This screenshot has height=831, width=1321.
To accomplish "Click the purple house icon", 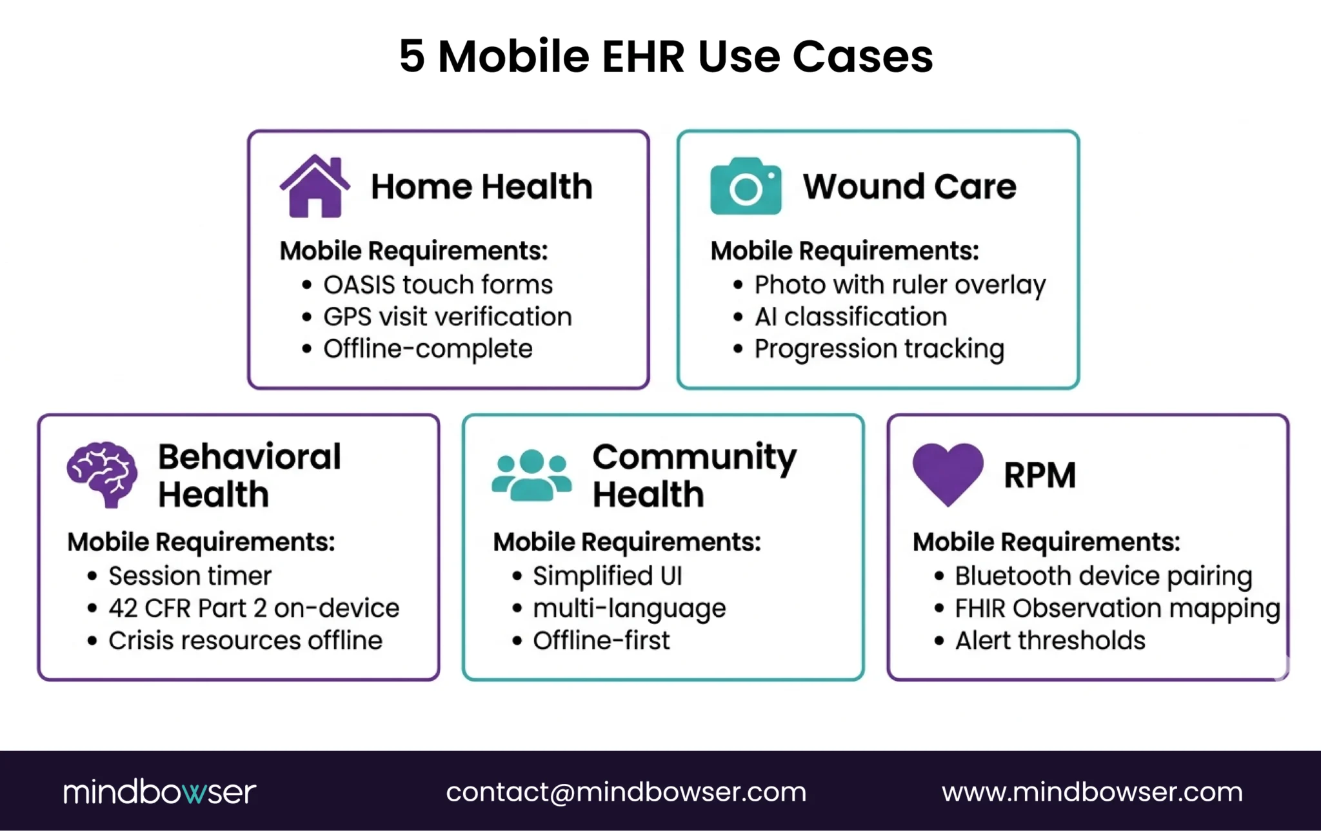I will coord(315,186).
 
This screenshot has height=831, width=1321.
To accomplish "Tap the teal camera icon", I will coord(746,186).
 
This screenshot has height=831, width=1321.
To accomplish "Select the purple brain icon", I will coord(103,474).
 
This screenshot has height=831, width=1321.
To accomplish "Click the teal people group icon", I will coord(531,475).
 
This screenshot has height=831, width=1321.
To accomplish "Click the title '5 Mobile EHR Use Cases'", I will coord(666,56).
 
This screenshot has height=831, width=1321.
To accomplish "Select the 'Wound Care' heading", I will coord(909,187).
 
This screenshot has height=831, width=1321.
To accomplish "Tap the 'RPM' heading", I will coord(1040,476).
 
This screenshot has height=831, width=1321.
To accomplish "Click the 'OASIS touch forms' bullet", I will coord(438,284).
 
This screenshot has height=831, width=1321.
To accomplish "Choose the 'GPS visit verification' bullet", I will coord(447,317).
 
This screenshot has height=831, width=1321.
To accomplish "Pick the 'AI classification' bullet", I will coord(850,317).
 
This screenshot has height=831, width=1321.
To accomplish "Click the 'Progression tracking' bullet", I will coord(879,349).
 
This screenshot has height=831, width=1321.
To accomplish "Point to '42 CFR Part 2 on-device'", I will coord(253,608).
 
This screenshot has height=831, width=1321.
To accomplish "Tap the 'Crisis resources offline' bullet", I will coord(245,640).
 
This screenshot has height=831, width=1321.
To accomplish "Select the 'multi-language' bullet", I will coord(629,608).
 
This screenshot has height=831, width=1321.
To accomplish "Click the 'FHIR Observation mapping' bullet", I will coord(1117,608).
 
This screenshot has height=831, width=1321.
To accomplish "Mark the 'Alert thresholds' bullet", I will coord(1050,640).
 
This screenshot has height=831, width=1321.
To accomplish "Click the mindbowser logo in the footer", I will coord(159,792).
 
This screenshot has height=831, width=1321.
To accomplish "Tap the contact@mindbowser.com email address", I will coord(626,792).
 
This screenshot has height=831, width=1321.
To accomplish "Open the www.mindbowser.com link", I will coord(1092,792).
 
